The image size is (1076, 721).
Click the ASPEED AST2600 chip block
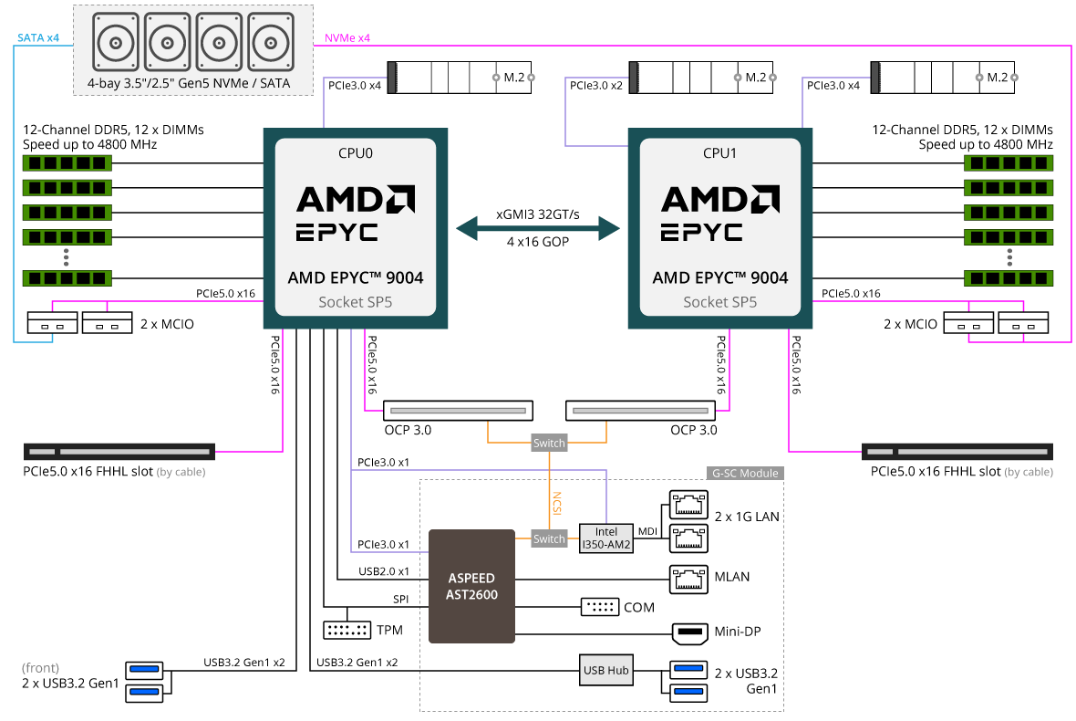pyautogui.click(x=471, y=586)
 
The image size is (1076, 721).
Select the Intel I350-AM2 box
pyautogui.click(x=606, y=538)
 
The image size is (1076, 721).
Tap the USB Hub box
pyautogui.click(x=606, y=670)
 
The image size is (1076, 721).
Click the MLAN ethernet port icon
pyautogui.click(x=688, y=579)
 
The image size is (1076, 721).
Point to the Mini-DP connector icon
pyautogui.click(x=689, y=632)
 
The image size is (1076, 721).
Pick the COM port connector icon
pyautogui.click(x=600, y=607)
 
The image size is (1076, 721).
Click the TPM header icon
pyautogui.click(x=347, y=630)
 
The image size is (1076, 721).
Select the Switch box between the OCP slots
pyautogui.click(x=549, y=443)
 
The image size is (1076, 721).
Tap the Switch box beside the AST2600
pyautogui.click(x=549, y=539)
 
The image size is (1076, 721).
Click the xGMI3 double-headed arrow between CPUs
pyautogui.click(x=538, y=228)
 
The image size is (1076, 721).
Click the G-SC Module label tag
pyautogui.click(x=745, y=473)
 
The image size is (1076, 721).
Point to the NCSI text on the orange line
pyautogui.click(x=556, y=503)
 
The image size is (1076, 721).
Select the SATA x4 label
pyautogui.click(x=38, y=37)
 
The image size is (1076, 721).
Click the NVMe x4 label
pyautogui.click(x=347, y=37)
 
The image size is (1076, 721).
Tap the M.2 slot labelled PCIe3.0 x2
pyautogui.click(x=701, y=78)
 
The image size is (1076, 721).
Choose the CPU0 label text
pyautogui.click(x=356, y=153)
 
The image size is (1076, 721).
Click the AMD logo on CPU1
pyautogui.click(x=720, y=199)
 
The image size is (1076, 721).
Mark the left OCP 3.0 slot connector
pyautogui.click(x=458, y=411)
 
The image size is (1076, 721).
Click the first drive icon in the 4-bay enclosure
pyautogui.click(x=116, y=42)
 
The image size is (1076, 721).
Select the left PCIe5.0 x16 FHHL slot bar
pyautogui.click(x=119, y=452)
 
